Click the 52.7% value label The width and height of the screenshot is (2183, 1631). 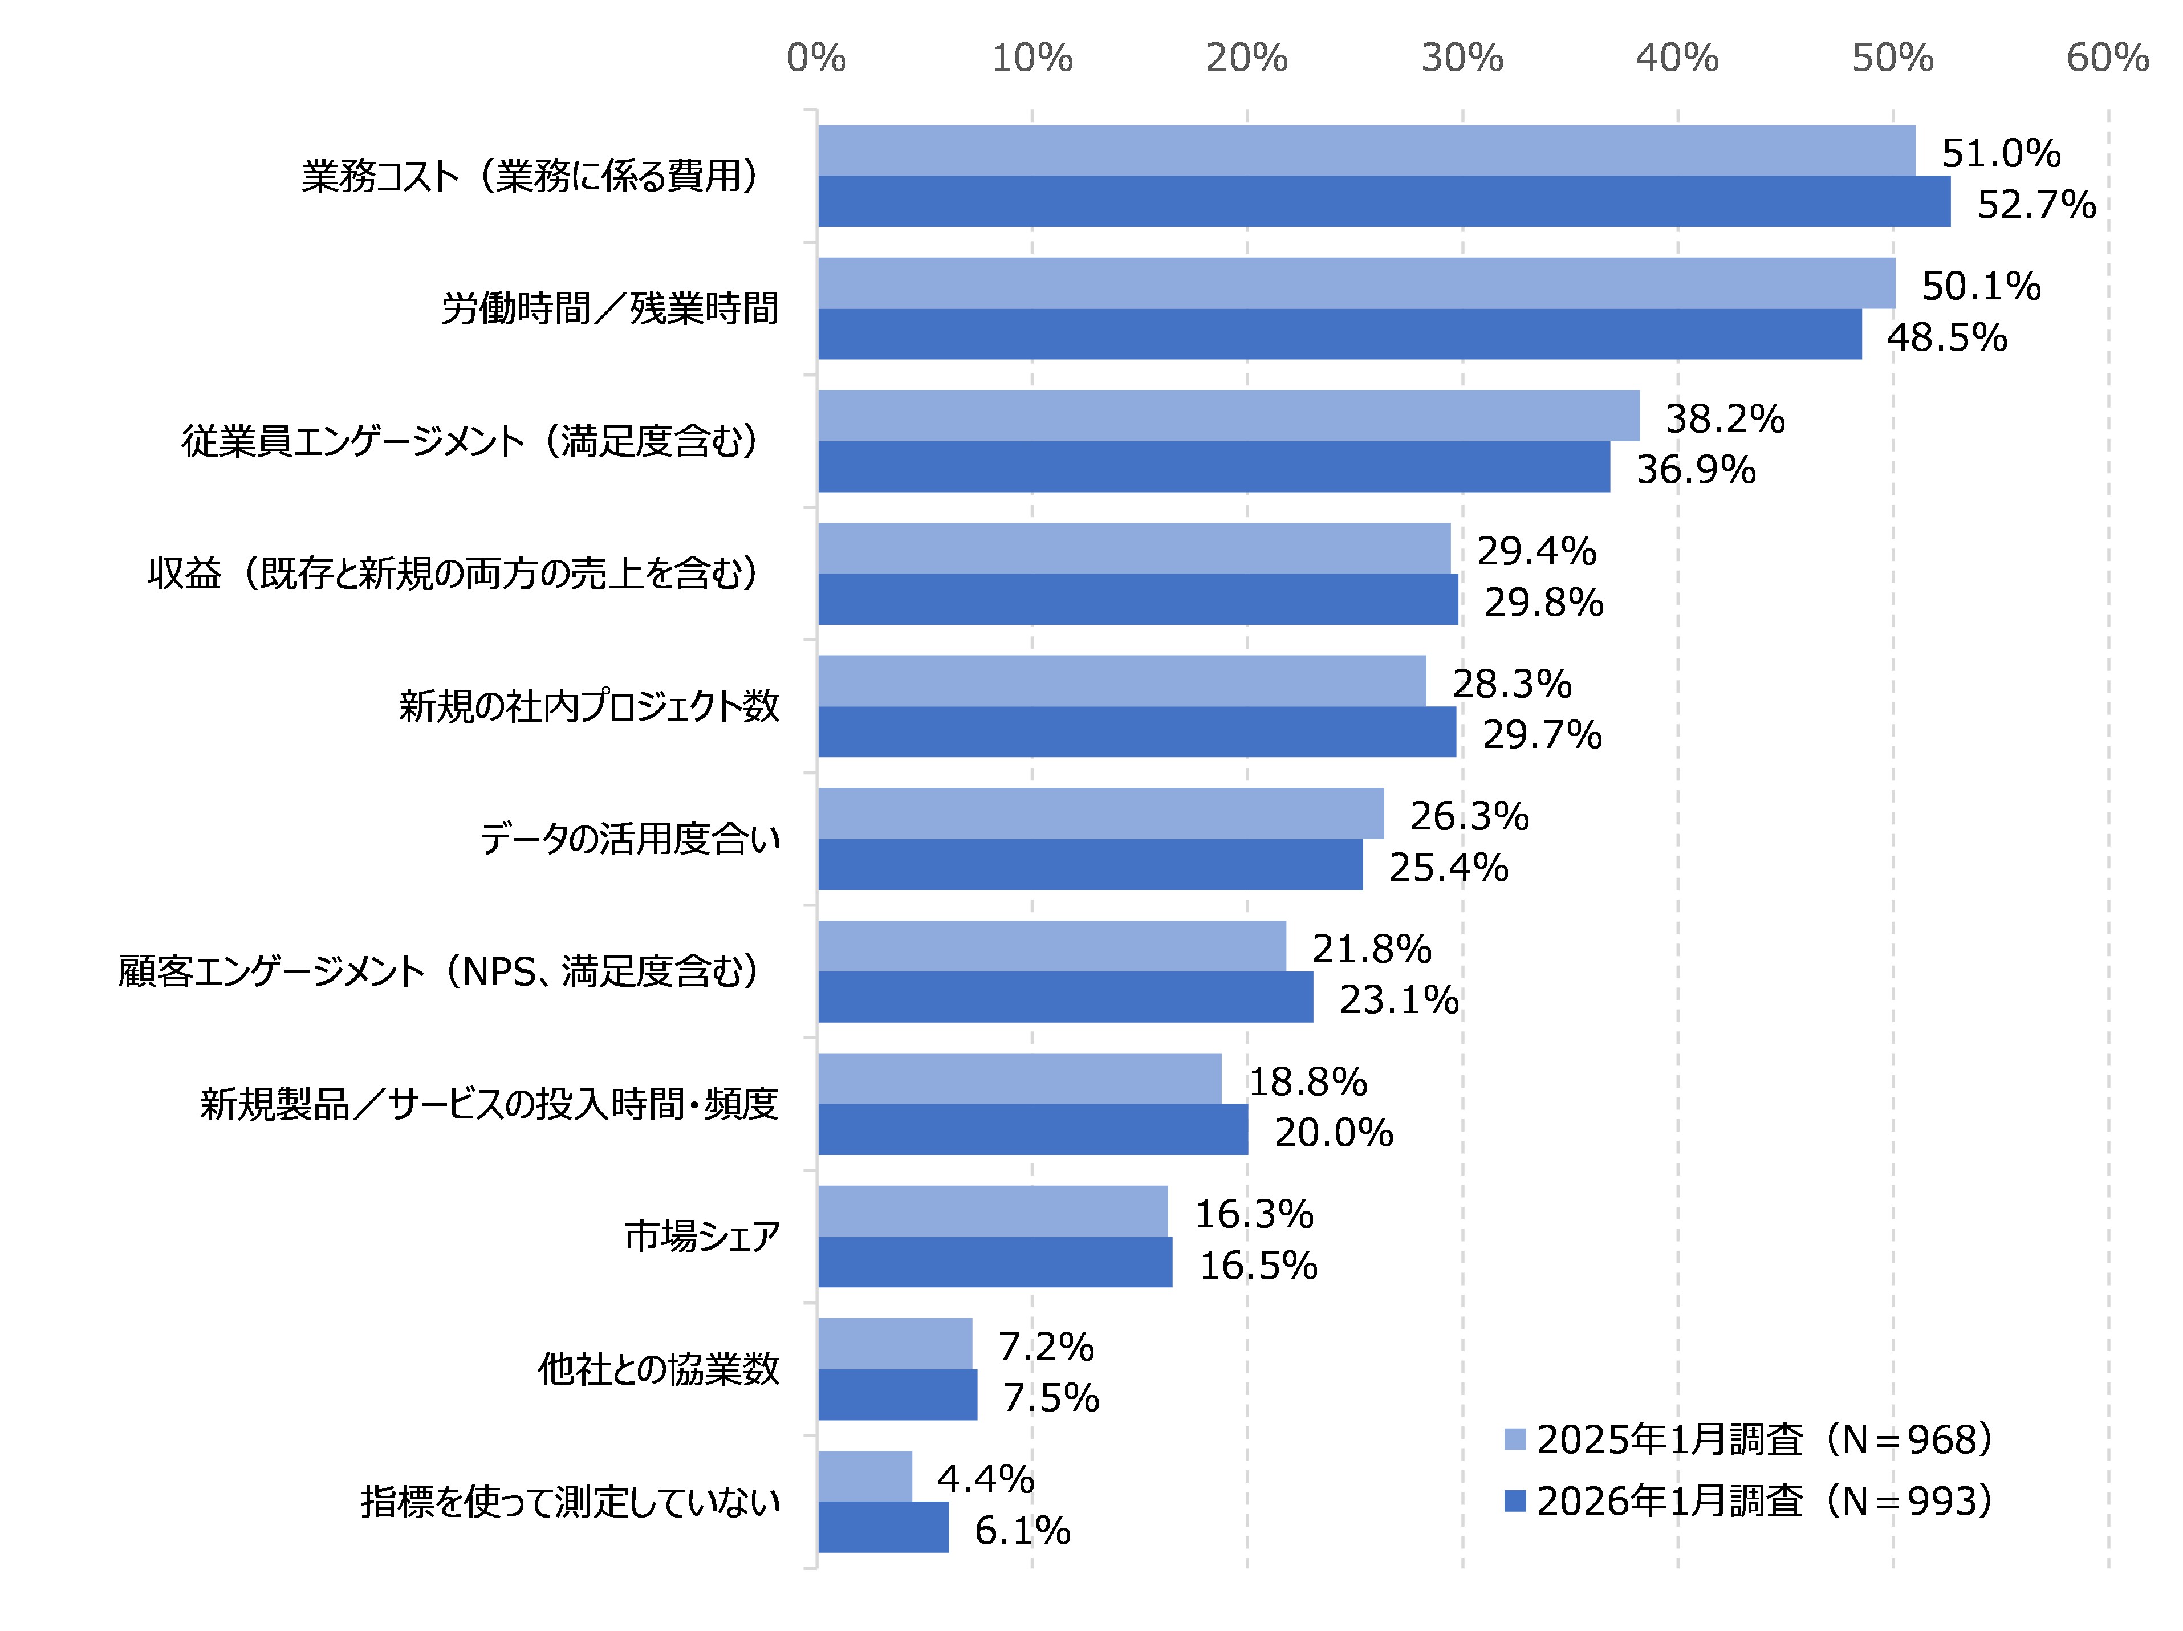tap(2036, 204)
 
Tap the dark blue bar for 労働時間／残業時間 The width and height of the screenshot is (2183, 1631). tap(1339, 333)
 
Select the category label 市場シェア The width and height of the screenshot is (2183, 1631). tap(702, 1235)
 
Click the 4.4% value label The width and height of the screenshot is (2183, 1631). tap(985, 1478)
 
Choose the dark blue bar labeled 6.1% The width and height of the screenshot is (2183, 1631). tap(883, 1527)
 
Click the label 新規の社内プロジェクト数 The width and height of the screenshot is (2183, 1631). tap(588, 706)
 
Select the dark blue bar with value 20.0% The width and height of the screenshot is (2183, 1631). tap(1032, 1129)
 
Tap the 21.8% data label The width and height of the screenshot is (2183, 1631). tap(1371, 948)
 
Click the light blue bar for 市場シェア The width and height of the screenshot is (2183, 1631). tap(992, 1211)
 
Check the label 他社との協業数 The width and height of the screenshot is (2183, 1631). tap(658, 1369)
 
